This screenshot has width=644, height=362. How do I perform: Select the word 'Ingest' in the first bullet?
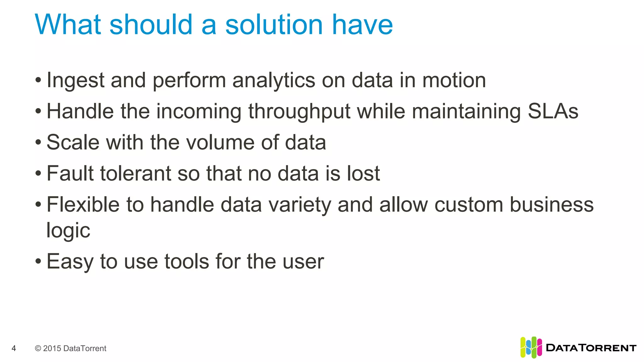point(75,80)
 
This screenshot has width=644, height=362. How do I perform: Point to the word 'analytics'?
point(274,80)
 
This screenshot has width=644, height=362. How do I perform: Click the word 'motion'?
point(454,80)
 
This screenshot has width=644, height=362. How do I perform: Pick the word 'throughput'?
point(299,112)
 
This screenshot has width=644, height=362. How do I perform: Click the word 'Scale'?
point(73,142)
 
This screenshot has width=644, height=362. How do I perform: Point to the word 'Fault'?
point(70,173)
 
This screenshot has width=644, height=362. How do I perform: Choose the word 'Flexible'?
point(83,204)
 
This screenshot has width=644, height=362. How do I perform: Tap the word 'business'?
point(552,204)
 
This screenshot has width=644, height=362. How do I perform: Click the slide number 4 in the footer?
point(14,348)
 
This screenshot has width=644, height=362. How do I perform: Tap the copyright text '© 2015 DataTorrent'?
point(70,348)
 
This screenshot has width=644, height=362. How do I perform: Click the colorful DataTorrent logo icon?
point(531,347)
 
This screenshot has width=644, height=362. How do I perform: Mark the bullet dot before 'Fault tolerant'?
point(38,173)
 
